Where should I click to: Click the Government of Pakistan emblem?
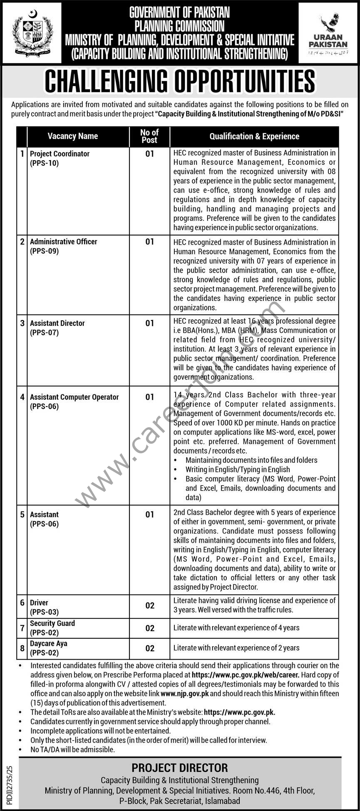pos(32,32)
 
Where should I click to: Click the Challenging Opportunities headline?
pos(180,81)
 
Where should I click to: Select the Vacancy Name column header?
pos(73,136)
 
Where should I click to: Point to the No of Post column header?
pos(149,136)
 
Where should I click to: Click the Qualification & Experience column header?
pos(254,136)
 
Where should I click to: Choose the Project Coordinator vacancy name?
pos(60,154)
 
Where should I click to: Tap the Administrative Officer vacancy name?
pos(63,242)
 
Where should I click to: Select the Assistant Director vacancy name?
pos(57,323)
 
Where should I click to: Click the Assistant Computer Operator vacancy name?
pos(74,397)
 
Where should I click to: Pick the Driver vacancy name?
pos(39,603)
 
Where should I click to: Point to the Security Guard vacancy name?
pos(52,623)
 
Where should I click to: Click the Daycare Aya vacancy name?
pos(49,643)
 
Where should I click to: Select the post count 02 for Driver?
pos(150,605)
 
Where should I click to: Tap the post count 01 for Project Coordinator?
pos(150,154)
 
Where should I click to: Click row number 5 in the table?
pos(22,515)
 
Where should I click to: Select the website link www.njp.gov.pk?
pos(184,694)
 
